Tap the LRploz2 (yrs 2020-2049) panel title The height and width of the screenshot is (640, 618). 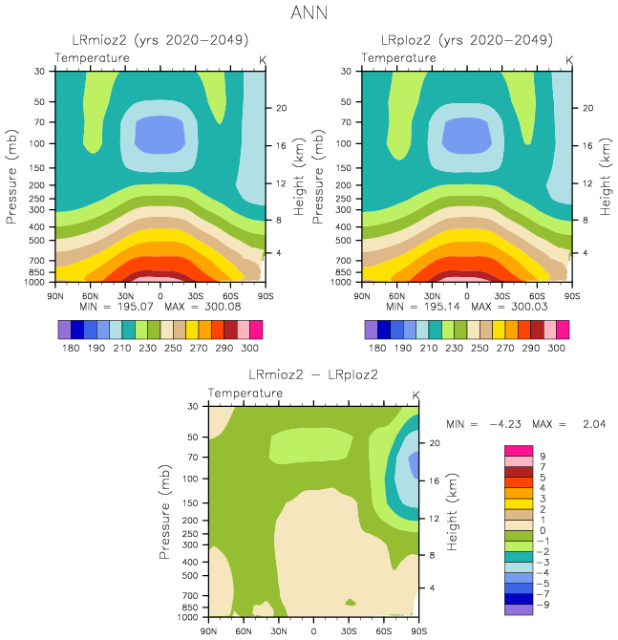[x=467, y=40]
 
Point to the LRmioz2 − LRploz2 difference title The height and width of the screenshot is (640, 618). [x=313, y=373]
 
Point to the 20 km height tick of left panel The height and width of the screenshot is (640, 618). [x=282, y=108]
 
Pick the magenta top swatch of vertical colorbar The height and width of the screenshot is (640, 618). [x=519, y=450]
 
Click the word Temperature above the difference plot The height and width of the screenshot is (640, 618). [x=246, y=394]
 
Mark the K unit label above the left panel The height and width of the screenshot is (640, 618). [x=264, y=59]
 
